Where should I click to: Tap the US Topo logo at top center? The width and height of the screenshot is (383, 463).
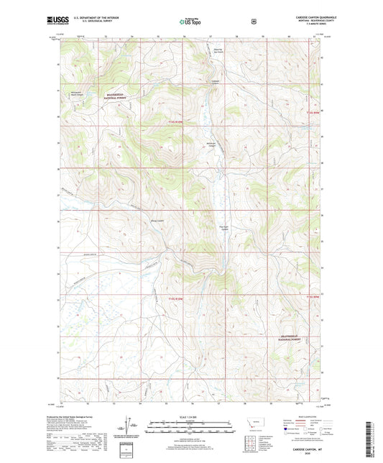click(190, 23)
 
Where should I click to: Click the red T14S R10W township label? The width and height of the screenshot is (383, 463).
click(166, 122)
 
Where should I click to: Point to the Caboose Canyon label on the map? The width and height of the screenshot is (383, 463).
click(216, 81)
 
